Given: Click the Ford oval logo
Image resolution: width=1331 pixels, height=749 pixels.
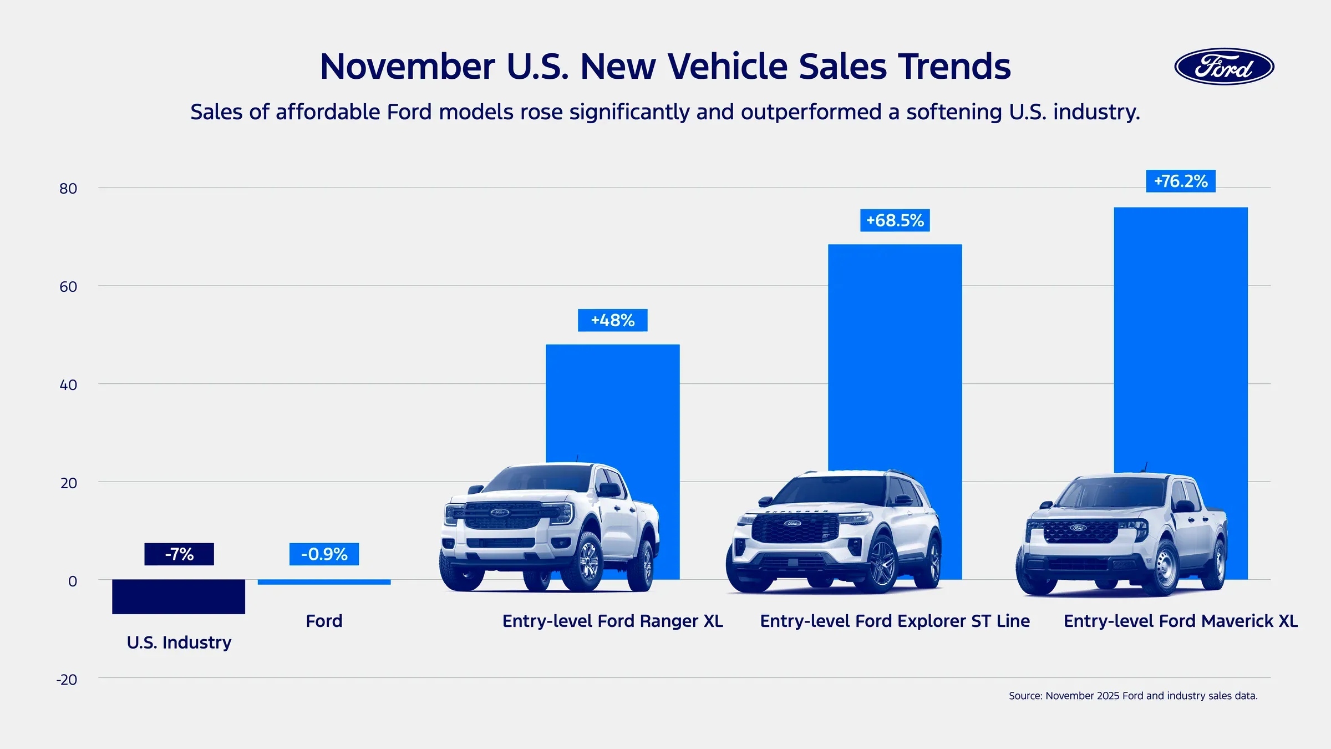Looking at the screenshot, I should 1224,67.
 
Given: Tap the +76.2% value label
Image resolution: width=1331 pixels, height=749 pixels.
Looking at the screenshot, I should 1181,181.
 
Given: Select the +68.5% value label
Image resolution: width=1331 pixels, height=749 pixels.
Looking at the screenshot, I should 895,220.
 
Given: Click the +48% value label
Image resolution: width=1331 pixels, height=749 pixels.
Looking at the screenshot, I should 612,320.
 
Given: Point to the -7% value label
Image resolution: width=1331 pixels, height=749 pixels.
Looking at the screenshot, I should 179,554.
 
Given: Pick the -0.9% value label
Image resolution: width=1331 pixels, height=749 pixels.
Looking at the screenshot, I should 324,554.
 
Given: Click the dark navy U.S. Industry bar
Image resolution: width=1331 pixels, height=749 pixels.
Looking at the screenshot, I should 179,596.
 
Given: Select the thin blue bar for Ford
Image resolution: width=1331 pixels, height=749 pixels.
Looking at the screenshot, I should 324,582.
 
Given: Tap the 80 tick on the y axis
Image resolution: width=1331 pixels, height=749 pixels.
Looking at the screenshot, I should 68,189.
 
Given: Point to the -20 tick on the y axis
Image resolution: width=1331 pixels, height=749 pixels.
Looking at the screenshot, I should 67,680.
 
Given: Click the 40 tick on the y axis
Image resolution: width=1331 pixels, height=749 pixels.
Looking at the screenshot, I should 68,385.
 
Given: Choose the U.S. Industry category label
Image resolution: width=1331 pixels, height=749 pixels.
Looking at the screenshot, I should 179,642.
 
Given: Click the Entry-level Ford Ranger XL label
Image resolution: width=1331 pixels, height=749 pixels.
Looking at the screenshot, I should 612,621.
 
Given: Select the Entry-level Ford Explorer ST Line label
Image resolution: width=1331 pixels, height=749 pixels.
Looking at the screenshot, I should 895,621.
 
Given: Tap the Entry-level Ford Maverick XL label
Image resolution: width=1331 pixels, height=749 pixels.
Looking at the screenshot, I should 1181,621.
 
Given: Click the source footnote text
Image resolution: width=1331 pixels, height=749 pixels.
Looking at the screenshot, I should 1133,696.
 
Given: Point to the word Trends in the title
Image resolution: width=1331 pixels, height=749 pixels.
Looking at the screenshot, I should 954,67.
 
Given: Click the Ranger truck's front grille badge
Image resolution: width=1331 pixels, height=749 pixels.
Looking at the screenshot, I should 499,512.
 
